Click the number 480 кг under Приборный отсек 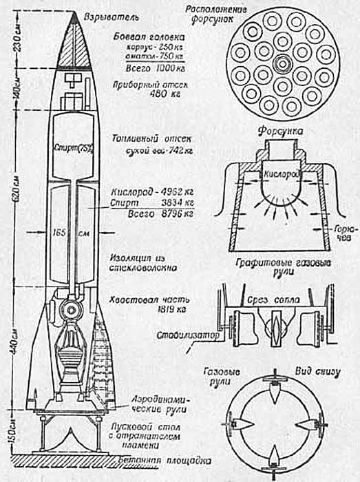point(142,96)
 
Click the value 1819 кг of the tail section point(142,312)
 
